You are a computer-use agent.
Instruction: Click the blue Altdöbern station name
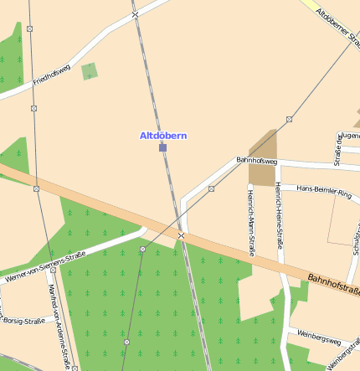pyautogui.click(x=162, y=135)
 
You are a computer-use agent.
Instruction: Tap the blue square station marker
pyautogui.click(x=162, y=147)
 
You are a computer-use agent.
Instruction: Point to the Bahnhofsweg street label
pyautogui.click(x=256, y=159)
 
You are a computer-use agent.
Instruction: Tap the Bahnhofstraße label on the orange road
pyautogui.click(x=332, y=285)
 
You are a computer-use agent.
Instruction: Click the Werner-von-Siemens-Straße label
pyautogui.click(x=45, y=265)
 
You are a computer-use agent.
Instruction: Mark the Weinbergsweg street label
pyautogui.click(x=318, y=339)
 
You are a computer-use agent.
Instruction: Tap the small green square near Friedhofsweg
pyautogui.click(x=90, y=71)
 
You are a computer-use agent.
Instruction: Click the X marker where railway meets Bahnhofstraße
pyautogui.click(x=181, y=237)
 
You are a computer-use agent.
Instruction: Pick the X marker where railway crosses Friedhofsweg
pyautogui.click(x=135, y=14)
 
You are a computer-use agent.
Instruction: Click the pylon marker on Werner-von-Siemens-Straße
pyautogui.click(x=143, y=250)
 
